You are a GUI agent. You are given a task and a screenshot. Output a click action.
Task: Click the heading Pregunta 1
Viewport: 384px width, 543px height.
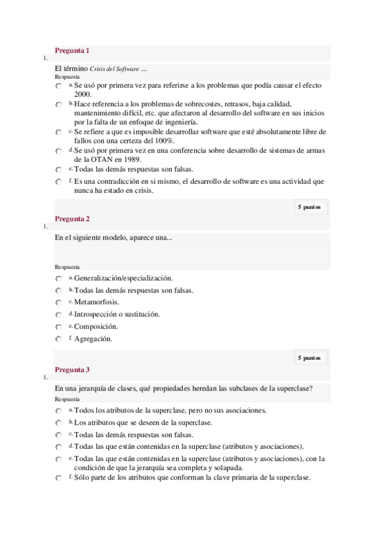72,51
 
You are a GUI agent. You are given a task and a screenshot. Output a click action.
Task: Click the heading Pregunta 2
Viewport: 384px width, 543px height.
72,219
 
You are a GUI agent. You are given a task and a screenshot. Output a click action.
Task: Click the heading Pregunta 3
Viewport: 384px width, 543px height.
72,369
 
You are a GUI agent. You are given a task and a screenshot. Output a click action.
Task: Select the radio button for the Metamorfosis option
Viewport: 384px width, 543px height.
58,303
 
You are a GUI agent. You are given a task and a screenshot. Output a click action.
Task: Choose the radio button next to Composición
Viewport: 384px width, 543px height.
58,327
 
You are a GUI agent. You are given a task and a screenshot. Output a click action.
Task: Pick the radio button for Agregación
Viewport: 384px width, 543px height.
58,339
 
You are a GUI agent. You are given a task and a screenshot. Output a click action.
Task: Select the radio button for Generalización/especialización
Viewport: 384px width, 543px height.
58,279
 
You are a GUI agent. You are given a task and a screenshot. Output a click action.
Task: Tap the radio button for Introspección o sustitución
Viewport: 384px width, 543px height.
58,315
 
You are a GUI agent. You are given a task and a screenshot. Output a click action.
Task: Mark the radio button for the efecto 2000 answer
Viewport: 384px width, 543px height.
58,86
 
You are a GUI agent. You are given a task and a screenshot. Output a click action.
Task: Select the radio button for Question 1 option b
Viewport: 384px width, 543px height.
58,104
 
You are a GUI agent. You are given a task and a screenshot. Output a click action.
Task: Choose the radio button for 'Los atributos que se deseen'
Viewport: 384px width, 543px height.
58,423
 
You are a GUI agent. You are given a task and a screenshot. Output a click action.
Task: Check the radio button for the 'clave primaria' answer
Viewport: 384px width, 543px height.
58,479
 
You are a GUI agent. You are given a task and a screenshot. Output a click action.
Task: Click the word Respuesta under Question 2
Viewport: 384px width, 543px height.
67,267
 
